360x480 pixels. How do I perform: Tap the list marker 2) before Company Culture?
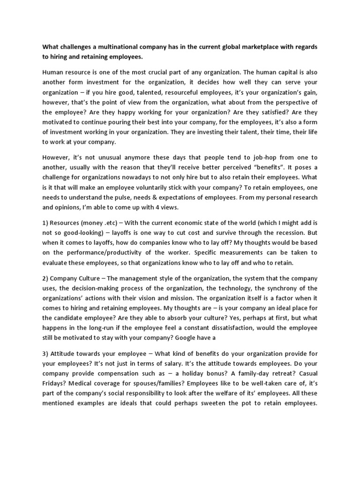click(45, 278)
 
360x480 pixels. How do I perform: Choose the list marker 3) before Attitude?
click(45, 353)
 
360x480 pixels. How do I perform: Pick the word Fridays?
click(55, 383)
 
